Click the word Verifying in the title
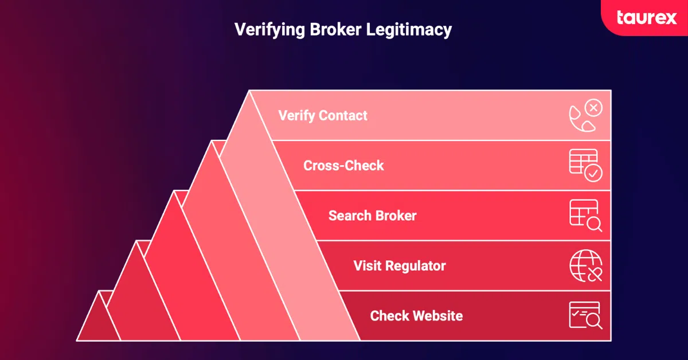point(269,30)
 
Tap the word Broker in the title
point(330,30)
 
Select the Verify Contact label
point(323,115)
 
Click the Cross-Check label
point(343,166)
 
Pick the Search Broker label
point(372,216)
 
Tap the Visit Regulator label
point(399,266)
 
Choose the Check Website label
point(416,316)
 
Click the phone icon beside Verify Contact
point(585,116)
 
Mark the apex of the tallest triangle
point(250,92)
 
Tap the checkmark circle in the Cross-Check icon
point(593,173)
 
